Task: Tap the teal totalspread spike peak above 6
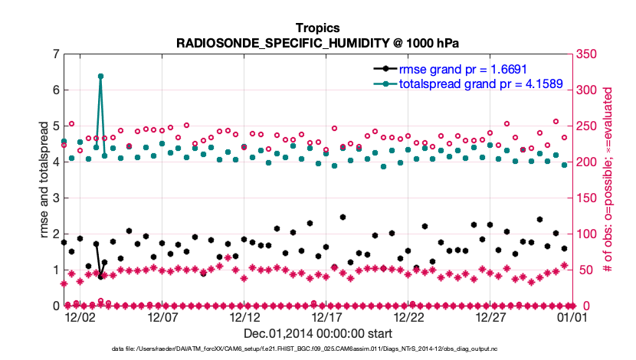100,77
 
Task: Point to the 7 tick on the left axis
56,54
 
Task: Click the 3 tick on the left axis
56,198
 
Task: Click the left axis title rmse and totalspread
44,180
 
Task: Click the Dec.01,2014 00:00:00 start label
317,333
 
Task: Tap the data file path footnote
317,349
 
